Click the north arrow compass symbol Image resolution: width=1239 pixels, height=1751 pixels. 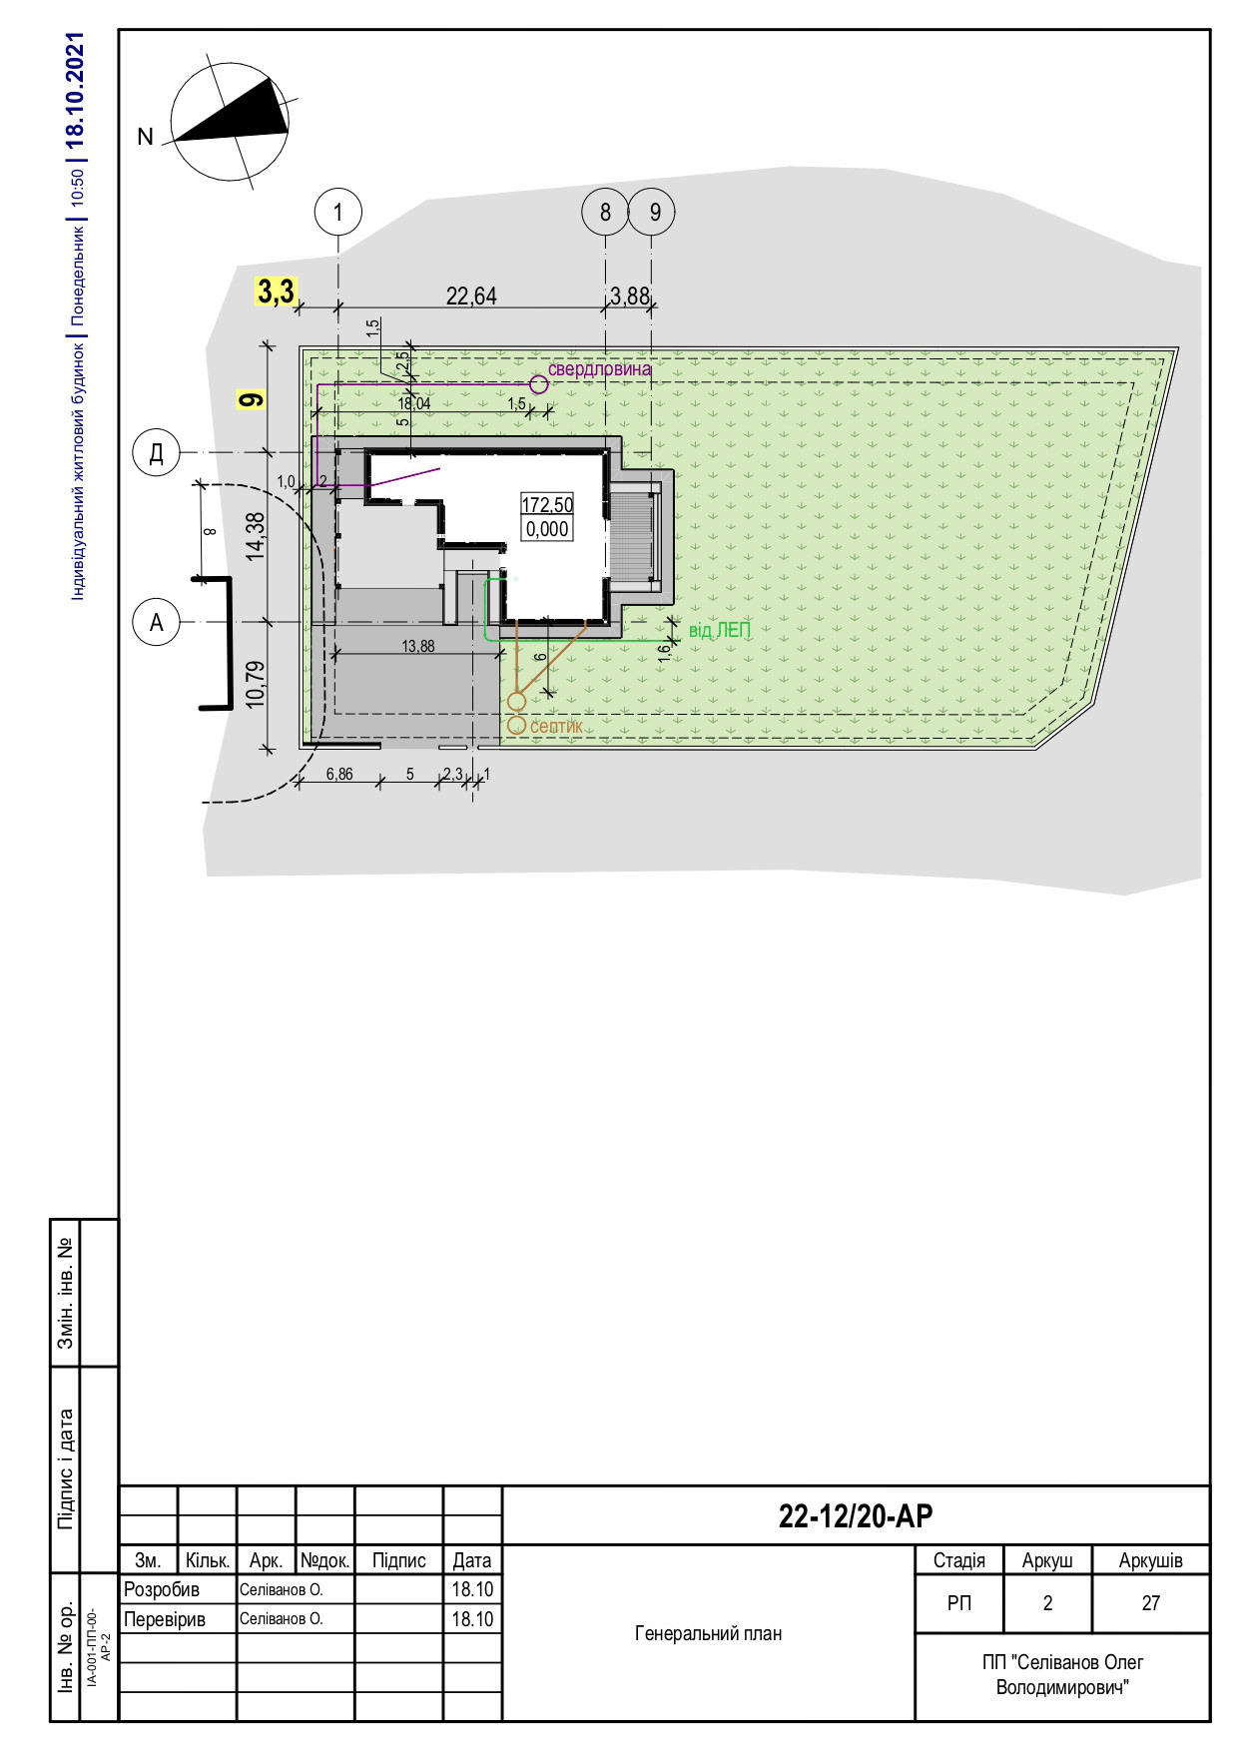(232, 124)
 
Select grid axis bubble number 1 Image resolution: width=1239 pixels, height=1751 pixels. (338, 212)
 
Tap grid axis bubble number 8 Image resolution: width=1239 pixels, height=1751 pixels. (605, 212)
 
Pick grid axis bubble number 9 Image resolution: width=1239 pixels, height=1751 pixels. (653, 212)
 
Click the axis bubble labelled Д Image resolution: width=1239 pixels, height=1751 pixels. (156, 453)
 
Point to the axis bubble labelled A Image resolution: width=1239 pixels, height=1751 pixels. (156, 622)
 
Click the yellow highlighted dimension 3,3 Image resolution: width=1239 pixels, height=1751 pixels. (276, 292)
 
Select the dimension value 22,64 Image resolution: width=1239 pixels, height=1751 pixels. (471, 295)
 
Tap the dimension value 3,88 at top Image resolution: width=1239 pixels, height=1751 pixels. (630, 295)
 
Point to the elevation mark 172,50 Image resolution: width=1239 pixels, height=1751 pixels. (547, 506)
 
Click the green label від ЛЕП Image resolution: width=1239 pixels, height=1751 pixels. (719, 630)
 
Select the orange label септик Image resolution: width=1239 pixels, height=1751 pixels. (556, 727)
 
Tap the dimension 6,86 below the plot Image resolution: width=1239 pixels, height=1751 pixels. (339, 774)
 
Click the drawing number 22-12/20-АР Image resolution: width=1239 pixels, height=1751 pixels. (856, 1516)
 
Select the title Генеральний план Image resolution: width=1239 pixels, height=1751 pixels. (708, 1633)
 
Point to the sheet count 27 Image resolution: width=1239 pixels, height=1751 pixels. (1151, 1603)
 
